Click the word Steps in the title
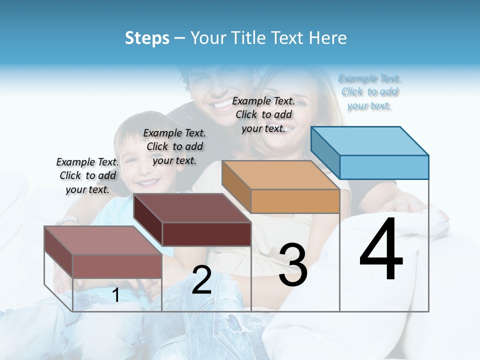[x=147, y=38]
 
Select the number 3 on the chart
[x=292, y=264]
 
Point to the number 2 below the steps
[x=201, y=279]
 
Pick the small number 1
[x=115, y=295]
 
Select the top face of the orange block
[x=280, y=175]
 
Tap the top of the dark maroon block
[x=192, y=207]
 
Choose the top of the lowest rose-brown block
[x=103, y=240]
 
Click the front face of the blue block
[x=384, y=167]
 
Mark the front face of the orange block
[x=295, y=201]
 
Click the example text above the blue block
[x=369, y=92]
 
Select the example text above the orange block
[x=263, y=114]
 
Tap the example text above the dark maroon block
[x=174, y=146]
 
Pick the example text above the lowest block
[x=87, y=175]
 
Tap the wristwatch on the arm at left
[x=67, y=220]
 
